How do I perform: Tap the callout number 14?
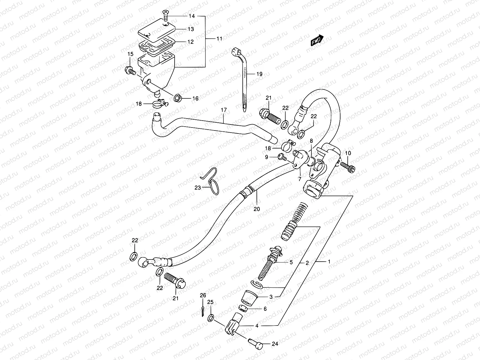click(192, 16)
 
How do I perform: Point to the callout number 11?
click(219, 38)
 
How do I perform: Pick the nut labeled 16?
click(177, 97)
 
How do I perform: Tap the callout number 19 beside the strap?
click(259, 74)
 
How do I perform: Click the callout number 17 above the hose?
click(224, 110)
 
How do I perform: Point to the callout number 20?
click(257, 209)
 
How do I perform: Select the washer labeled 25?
click(211, 317)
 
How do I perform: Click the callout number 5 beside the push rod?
click(291, 262)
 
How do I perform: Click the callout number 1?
click(329, 262)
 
